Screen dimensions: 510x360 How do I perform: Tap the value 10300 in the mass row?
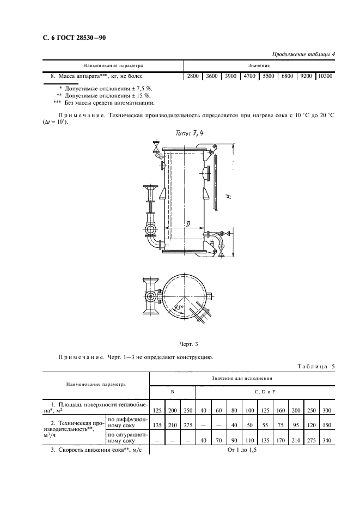pyautogui.click(x=325, y=76)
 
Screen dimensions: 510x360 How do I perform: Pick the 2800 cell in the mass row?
pyautogui.click(x=193, y=76)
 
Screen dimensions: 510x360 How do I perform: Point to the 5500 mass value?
pyautogui.click(x=268, y=76)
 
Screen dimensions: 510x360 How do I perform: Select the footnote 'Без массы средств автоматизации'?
pyautogui.click(x=104, y=102)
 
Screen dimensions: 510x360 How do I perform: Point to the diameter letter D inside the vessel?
pyautogui.click(x=187, y=224)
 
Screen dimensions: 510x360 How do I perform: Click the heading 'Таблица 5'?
pyautogui.click(x=314, y=366)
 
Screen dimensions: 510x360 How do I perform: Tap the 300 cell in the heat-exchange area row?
pyautogui.click(x=326, y=410)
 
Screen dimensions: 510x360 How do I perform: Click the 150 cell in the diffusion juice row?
pyautogui.click(x=326, y=423)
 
